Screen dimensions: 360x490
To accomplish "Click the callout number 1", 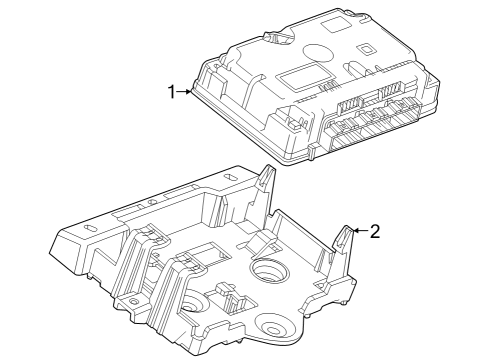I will click(171, 92).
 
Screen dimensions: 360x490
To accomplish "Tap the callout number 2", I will click(375, 231).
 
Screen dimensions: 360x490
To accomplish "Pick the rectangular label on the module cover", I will click(304, 76).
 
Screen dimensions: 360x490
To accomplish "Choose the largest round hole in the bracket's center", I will click(270, 270).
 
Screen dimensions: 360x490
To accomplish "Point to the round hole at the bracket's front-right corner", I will click(269, 325).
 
